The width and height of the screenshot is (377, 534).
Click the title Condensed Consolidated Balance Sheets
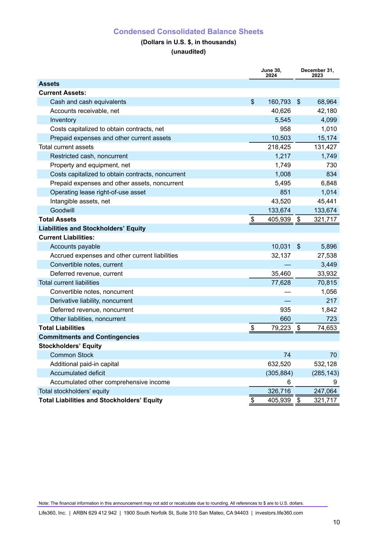coord(188,32)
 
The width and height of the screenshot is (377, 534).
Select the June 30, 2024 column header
coord(271,73)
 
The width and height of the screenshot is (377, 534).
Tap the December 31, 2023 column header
coord(317,73)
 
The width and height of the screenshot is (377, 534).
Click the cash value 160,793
coord(279,102)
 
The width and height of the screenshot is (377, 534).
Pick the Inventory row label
coord(63,120)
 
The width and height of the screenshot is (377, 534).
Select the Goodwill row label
coord(62,210)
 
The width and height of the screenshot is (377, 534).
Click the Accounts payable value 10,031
coord(281,246)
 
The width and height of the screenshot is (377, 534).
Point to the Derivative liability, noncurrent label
coord(91,301)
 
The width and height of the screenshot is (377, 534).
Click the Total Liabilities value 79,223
coord(281,328)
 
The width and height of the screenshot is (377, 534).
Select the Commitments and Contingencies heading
coord(89,337)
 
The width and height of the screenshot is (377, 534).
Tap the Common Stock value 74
coord(287,355)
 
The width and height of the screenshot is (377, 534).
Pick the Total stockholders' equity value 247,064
coord(325,391)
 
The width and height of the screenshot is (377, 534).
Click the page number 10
coord(336,522)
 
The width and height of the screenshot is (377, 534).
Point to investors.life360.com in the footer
coord(279,513)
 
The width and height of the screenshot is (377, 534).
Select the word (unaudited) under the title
coord(188,52)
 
